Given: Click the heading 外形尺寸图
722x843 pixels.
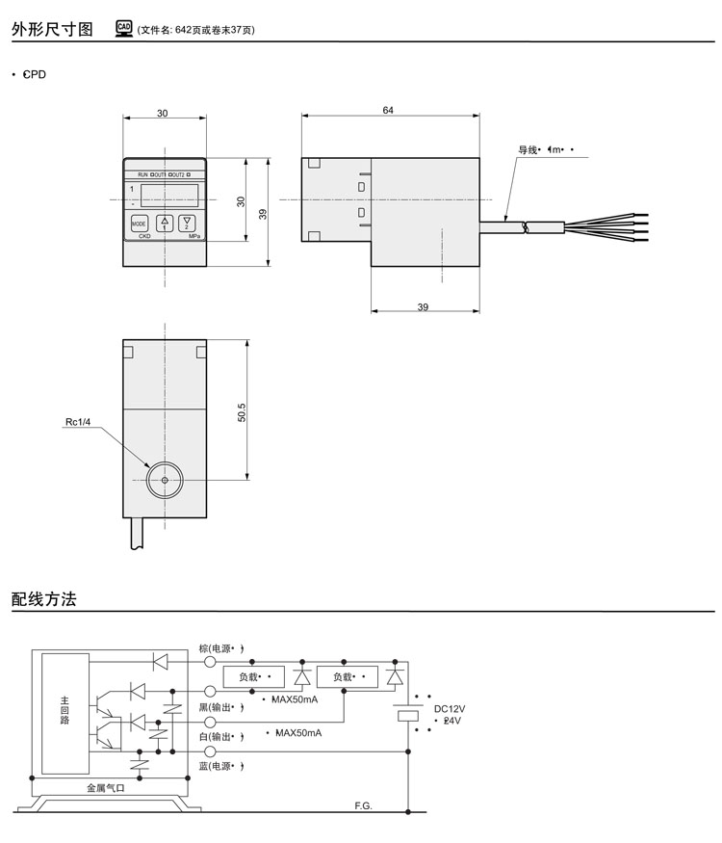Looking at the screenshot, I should (52, 30).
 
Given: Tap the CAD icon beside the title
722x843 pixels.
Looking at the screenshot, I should (124, 29).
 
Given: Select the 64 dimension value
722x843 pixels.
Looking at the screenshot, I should (388, 111).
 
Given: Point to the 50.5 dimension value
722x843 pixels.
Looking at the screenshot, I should (243, 411).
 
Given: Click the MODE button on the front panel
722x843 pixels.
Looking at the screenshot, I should (140, 224).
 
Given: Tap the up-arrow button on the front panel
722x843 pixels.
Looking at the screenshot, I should (164, 224).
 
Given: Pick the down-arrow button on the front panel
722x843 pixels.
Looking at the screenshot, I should (187, 224).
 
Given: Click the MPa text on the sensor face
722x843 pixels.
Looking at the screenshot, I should (193, 236).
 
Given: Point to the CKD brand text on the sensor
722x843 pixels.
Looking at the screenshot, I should (144, 236).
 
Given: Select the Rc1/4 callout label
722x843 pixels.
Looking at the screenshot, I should (79, 422).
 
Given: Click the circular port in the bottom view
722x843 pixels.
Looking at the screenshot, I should (165, 480).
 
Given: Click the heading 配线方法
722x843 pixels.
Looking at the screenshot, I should (43, 598).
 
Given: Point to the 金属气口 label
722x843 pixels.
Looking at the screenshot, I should (107, 787).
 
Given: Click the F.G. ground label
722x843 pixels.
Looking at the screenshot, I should (363, 804).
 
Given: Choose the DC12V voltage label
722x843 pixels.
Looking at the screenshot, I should (450, 708).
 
